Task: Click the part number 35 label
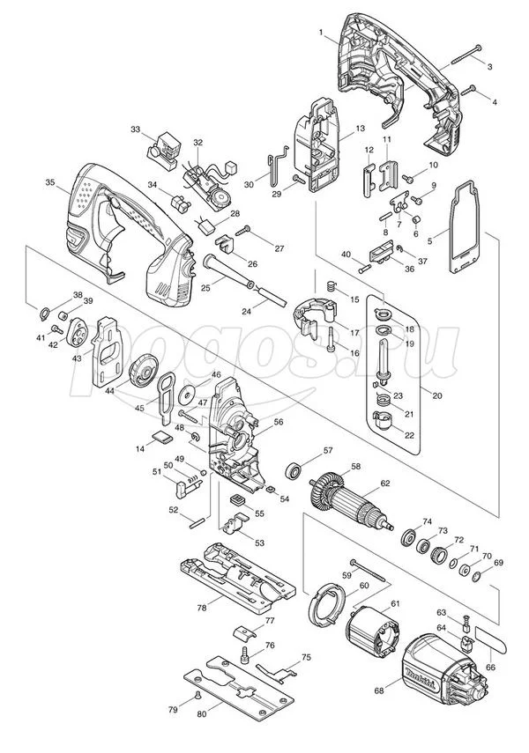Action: click(x=49, y=182)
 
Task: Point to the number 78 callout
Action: click(x=202, y=607)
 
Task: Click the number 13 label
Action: click(x=360, y=129)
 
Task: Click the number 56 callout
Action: click(x=279, y=422)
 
